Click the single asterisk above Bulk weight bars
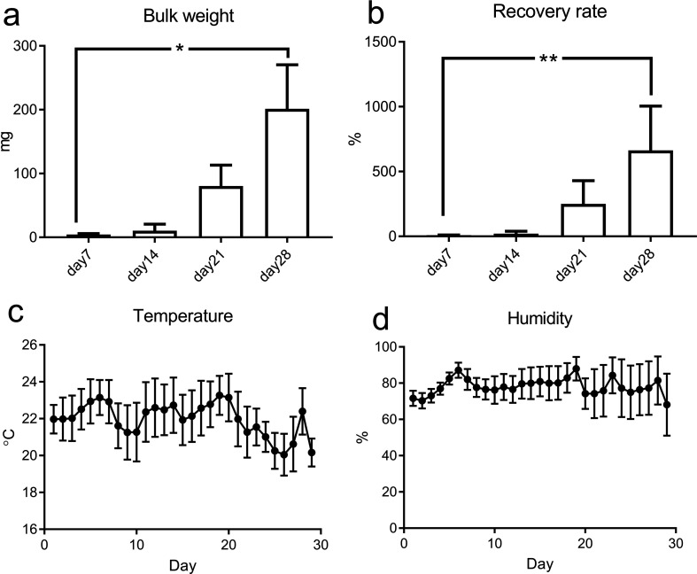coord(180,50)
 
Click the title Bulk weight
coord(181,15)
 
